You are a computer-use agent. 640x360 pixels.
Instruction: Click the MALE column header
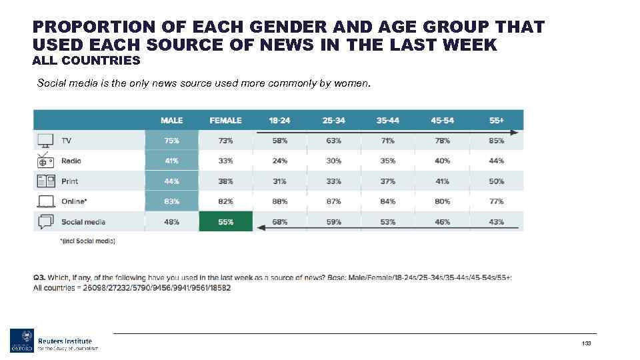point(171,120)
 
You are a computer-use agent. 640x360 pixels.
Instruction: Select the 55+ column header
point(496,120)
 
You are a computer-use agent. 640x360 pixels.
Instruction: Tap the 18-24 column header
point(279,120)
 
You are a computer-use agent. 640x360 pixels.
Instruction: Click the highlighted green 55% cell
point(225,222)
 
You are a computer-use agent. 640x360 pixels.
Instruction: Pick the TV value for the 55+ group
point(496,141)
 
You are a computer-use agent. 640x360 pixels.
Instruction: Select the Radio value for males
point(171,161)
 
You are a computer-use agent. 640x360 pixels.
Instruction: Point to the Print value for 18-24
point(279,181)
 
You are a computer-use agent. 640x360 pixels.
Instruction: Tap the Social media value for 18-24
point(279,222)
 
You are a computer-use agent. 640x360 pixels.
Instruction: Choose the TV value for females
point(225,141)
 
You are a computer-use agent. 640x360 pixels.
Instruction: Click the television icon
point(45,141)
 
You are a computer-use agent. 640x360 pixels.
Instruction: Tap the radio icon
point(45,161)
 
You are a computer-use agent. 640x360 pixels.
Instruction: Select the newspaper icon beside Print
point(45,181)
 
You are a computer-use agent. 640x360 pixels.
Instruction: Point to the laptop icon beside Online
point(45,201)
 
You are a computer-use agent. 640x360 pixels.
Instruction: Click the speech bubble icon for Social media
point(45,222)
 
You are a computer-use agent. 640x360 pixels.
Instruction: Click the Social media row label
point(83,222)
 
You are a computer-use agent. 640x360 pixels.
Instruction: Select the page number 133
point(587,343)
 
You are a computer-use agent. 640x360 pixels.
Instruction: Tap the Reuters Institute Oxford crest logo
point(21,341)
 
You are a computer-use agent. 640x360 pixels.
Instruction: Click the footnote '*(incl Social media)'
point(87,241)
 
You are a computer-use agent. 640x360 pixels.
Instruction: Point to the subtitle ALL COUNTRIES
point(86,61)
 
